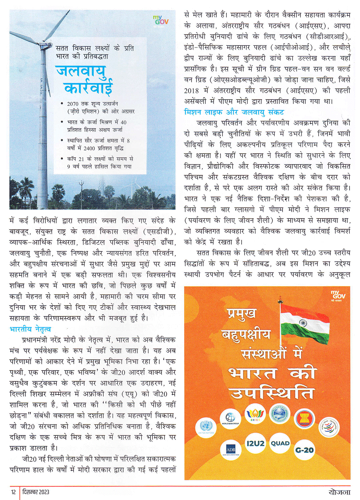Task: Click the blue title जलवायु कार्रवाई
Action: [x=84, y=80]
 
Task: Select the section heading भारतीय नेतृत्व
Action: [x=30, y=329]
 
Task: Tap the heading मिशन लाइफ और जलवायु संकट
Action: [x=234, y=112]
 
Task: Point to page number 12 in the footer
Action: [x=13, y=492]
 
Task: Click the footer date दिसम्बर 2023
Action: [x=36, y=492]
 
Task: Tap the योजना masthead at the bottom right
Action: [x=339, y=492]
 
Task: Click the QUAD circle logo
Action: [x=280, y=443]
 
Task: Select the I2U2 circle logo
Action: [x=255, y=443]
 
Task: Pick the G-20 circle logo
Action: [x=304, y=450]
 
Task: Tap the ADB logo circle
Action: [x=230, y=450]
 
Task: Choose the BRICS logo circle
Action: [x=255, y=413]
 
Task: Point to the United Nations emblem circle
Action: [x=206, y=427]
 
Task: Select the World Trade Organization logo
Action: [x=328, y=427]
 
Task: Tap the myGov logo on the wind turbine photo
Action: [x=160, y=20]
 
